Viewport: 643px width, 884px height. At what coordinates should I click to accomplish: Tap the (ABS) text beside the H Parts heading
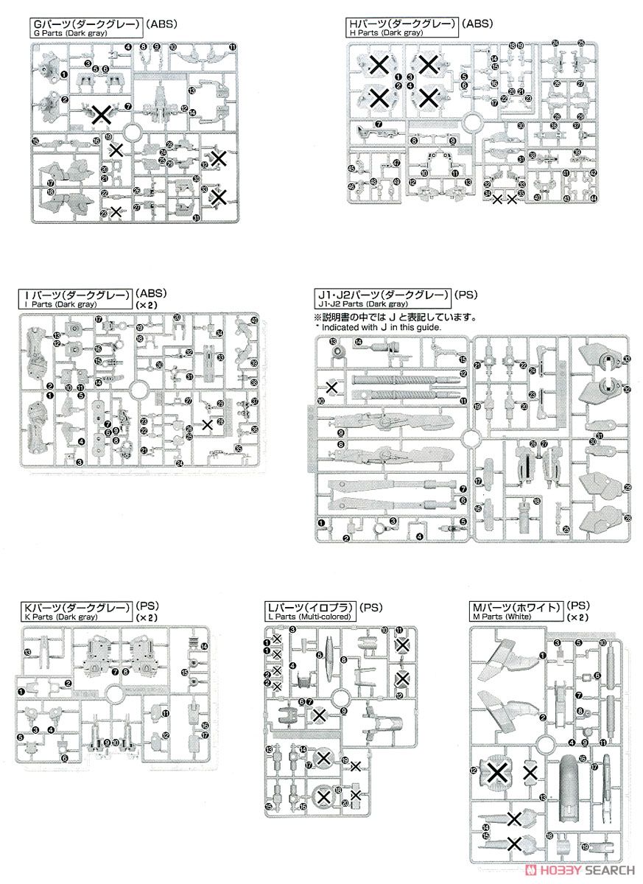tap(477, 25)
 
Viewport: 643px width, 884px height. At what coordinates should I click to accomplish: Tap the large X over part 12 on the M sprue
tap(499, 771)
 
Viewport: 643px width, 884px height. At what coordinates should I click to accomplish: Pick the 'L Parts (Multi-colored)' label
tap(309, 616)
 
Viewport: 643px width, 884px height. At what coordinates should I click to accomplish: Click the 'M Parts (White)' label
tap(507, 616)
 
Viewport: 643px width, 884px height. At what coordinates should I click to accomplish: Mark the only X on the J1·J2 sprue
tap(332, 387)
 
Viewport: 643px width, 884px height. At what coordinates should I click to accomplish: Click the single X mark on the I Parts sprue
tap(208, 424)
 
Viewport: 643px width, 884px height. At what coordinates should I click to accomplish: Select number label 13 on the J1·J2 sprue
tap(333, 342)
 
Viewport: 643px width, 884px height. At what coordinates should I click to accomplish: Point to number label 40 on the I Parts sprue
tap(254, 320)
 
